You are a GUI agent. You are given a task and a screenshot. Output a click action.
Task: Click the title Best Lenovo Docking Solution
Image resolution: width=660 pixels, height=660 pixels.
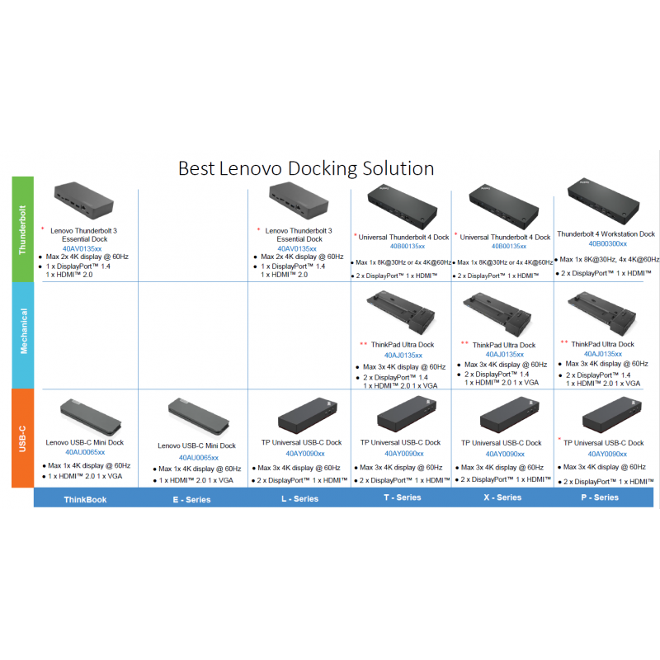coord(306,168)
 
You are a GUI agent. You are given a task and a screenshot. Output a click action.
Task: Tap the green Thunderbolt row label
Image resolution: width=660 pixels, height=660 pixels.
coord(22,229)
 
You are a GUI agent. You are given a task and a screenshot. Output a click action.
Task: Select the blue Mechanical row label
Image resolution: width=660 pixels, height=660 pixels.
coord(22,331)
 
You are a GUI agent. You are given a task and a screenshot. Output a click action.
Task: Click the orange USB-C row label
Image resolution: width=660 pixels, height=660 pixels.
coord(22,437)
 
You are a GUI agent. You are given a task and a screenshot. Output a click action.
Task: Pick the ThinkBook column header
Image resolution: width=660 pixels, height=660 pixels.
coord(86,499)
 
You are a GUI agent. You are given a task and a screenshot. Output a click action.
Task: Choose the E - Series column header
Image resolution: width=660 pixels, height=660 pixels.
coord(191,499)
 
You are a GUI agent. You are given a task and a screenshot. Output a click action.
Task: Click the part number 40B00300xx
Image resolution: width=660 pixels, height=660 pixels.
coord(607,244)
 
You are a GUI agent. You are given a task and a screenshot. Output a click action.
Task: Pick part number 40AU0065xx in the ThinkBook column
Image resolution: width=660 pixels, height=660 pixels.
coord(85,453)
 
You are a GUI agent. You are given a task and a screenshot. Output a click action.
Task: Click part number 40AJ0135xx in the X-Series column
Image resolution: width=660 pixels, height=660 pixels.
coord(504,355)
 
